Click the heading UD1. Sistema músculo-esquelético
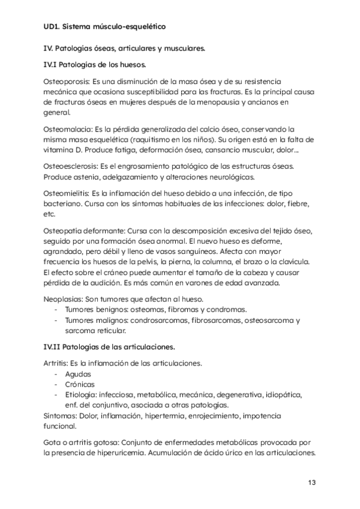click(x=104, y=27)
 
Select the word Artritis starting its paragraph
click(x=55, y=363)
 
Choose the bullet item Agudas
click(x=78, y=373)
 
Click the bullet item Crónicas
click(x=80, y=384)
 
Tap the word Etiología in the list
click(x=83, y=394)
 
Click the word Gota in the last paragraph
click(x=53, y=442)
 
